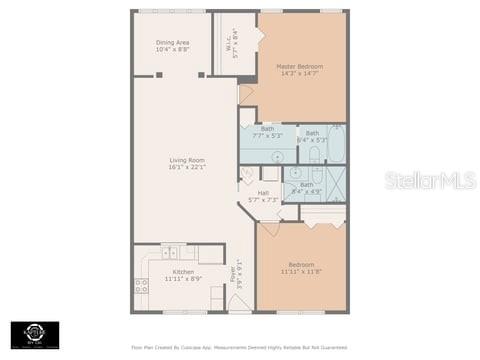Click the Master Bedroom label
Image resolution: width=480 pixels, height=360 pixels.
point(299,67)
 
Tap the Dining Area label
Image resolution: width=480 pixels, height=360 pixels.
point(172,42)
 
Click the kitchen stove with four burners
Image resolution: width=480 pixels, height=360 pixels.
point(141,286)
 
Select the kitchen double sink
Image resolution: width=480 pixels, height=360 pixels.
point(170,253)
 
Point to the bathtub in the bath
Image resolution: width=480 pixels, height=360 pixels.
point(336,145)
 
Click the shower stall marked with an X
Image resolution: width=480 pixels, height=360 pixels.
point(334,185)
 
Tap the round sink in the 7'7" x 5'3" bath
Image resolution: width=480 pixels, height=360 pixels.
point(277,156)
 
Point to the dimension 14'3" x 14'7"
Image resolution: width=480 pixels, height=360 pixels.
point(299,74)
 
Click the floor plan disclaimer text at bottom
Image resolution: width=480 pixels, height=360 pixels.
point(239,348)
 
